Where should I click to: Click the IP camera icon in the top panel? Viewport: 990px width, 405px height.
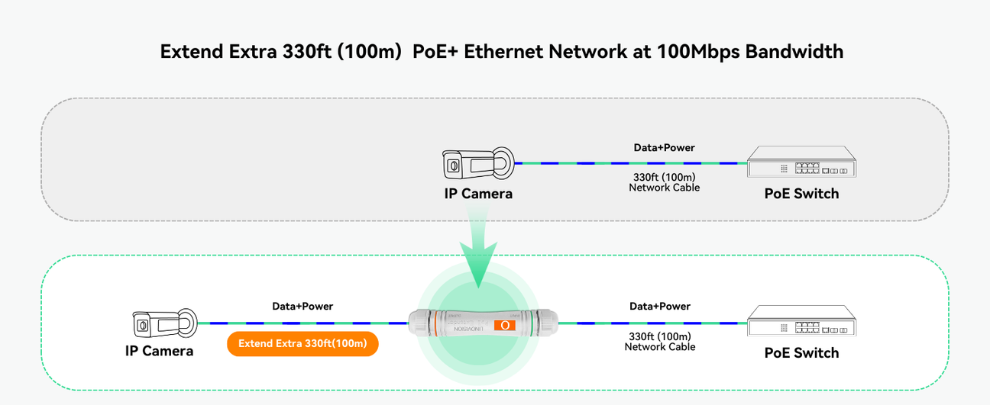(x=478, y=164)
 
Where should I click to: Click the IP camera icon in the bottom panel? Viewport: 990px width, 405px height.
(x=164, y=323)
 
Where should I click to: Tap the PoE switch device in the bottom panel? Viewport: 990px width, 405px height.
(x=801, y=323)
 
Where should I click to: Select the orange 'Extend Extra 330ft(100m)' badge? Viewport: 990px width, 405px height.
(x=302, y=344)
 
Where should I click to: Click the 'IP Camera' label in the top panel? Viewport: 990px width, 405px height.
(x=478, y=194)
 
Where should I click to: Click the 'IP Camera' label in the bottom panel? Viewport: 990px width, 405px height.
(x=159, y=351)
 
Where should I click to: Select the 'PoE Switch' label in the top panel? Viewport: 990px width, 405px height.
(x=801, y=194)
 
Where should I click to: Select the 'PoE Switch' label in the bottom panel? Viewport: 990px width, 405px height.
(x=801, y=353)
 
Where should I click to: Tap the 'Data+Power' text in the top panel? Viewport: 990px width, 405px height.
(x=664, y=147)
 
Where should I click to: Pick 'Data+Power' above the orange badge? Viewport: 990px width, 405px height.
(x=302, y=306)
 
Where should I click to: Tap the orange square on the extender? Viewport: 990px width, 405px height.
(x=505, y=325)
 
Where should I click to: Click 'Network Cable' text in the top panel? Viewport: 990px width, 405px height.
(x=664, y=188)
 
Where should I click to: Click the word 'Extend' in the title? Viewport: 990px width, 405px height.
(x=192, y=52)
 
